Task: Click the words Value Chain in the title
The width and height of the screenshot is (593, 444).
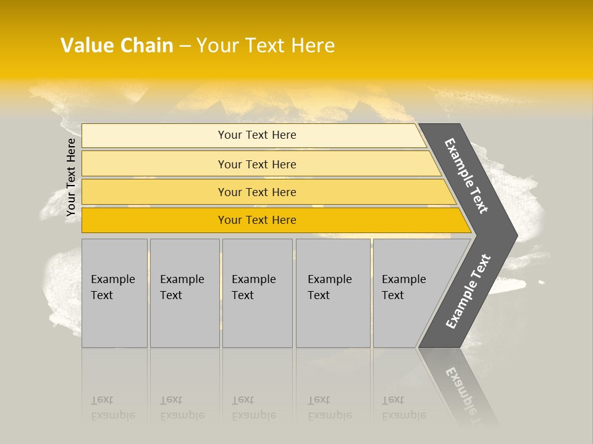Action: [x=117, y=46]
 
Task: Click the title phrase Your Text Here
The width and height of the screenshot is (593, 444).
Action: [x=266, y=46]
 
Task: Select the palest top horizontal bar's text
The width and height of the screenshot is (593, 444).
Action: [x=257, y=135]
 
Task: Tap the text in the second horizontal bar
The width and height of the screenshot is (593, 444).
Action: [x=257, y=165]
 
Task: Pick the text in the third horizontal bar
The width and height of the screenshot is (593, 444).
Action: [x=257, y=192]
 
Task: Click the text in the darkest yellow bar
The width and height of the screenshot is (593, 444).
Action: [x=257, y=220]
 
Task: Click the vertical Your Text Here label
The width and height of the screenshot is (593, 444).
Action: [x=71, y=178]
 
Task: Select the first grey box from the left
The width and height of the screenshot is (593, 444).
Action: [x=114, y=293]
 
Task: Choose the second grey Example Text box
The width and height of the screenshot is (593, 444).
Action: [x=184, y=293]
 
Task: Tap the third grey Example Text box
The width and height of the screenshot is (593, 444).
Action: [x=256, y=293]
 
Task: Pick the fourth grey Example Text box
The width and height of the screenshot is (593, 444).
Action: [x=332, y=293]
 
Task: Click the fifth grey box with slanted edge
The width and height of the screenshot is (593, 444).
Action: [x=408, y=293]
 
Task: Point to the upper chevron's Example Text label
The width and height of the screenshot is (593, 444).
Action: [x=466, y=176]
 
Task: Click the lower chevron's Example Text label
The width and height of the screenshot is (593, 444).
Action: [x=468, y=292]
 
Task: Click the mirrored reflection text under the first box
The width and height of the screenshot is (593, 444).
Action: [x=112, y=408]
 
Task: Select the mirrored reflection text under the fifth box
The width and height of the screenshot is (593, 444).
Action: [x=404, y=408]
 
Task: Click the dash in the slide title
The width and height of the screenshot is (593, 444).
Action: [x=185, y=46]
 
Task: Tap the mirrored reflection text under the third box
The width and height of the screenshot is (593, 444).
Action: [x=253, y=408]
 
